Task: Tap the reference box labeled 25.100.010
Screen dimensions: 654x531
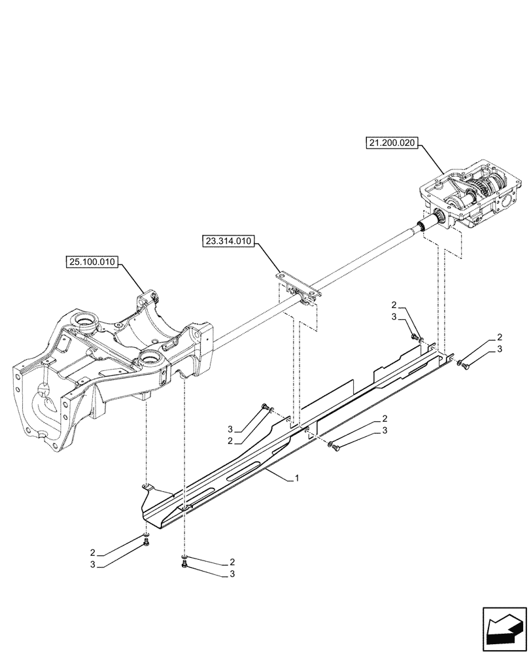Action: (92, 263)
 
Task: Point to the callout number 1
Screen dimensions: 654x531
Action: (298, 479)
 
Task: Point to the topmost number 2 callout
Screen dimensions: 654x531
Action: (394, 305)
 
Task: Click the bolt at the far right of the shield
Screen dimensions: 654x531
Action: (465, 366)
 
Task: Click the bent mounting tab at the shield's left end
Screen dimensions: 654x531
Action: (149, 487)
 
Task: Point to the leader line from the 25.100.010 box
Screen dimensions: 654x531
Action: (134, 278)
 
